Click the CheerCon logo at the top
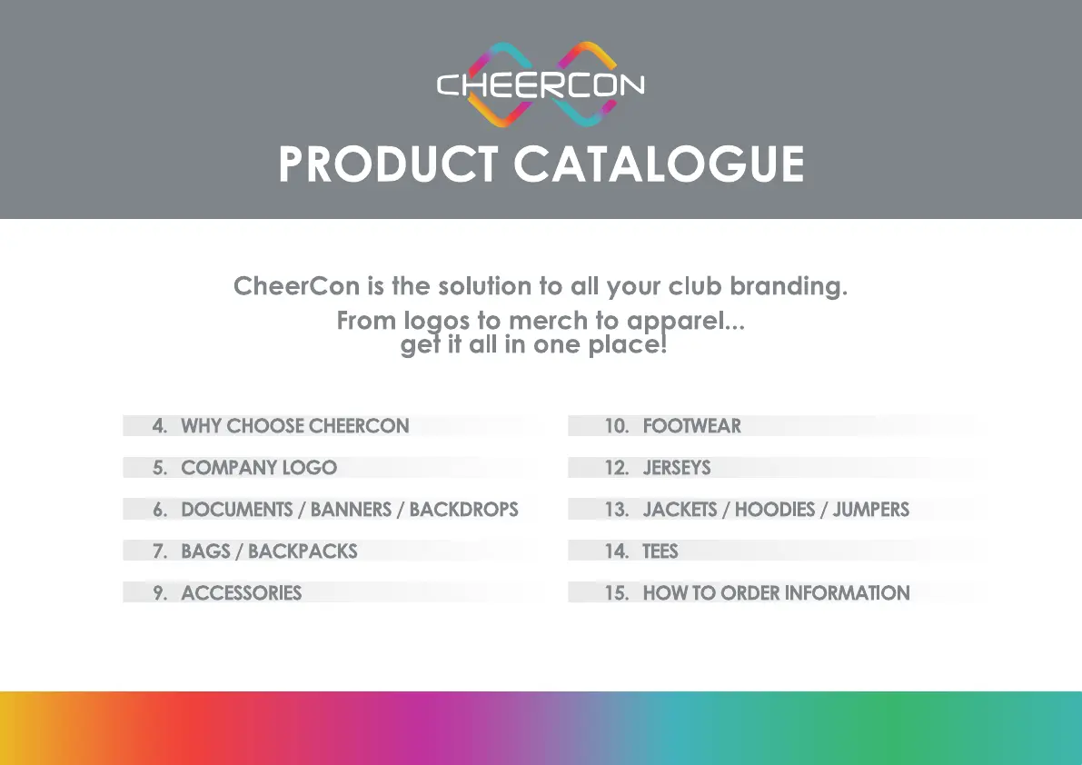pyautogui.click(x=541, y=84)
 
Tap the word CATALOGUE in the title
pyautogui.click(x=659, y=164)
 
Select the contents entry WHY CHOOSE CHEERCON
pyautogui.click(x=294, y=426)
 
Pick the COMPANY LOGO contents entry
pyautogui.click(x=259, y=468)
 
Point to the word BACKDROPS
pyautogui.click(x=463, y=510)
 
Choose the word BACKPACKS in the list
pyautogui.click(x=303, y=551)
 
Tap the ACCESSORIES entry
pyautogui.click(x=241, y=593)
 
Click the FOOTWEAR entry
pyautogui.click(x=691, y=426)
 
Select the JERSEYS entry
pyautogui.click(x=677, y=468)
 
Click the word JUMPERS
pyautogui.click(x=870, y=510)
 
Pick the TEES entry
pyautogui.click(x=660, y=551)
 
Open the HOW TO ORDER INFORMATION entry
pyautogui.click(x=776, y=593)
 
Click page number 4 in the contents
pyautogui.click(x=160, y=426)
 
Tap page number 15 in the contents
pyautogui.click(x=616, y=593)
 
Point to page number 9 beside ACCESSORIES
pyautogui.click(x=160, y=593)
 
